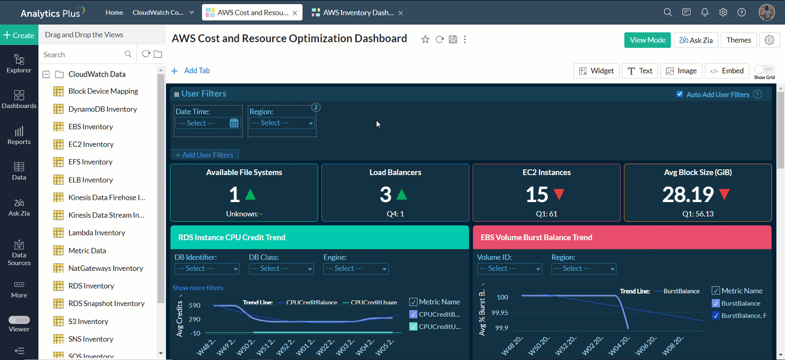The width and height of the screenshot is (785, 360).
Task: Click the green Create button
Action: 19,35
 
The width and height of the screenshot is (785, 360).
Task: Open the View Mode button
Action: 647,40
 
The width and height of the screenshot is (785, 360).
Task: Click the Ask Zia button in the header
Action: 695,40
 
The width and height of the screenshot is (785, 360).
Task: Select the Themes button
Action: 738,40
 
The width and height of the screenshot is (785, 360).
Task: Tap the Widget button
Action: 596,71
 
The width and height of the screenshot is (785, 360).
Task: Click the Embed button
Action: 727,71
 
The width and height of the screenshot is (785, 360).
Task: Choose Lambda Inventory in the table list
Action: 96,233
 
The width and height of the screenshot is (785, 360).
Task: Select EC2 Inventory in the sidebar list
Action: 91,144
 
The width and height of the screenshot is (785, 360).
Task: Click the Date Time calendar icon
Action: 234,123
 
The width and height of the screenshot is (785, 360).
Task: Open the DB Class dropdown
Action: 281,269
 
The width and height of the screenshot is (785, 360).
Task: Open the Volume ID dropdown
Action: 509,269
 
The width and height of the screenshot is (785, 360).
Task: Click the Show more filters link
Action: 198,288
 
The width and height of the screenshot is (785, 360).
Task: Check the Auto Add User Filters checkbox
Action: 680,94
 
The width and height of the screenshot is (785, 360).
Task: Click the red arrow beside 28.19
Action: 724,194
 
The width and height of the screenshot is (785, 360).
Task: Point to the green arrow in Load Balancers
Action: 402,194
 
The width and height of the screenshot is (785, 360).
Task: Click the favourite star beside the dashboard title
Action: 425,40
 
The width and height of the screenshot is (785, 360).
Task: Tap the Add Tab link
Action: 191,71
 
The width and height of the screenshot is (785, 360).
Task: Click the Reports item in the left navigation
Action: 19,135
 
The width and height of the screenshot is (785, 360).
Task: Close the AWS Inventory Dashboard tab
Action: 400,13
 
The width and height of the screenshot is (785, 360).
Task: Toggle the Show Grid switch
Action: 764,69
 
